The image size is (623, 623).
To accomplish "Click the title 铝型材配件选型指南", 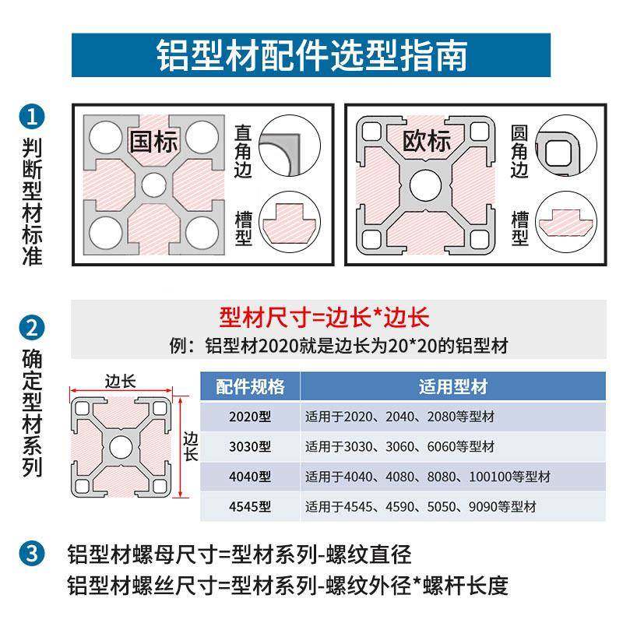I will pyautogui.click(x=311, y=55).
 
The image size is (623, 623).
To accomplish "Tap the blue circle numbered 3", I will pyautogui.click(x=31, y=555).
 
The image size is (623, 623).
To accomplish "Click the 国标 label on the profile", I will pyautogui.click(x=153, y=142).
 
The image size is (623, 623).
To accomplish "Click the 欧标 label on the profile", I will pyautogui.click(x=426, y=142).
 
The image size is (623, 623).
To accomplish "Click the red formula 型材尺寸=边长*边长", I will pyautogui.click(x=324, y=318).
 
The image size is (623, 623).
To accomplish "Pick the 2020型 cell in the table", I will pyautogui.click(x=250, y=417).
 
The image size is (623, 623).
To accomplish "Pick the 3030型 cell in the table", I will pyautogui.click(x=250, y=447).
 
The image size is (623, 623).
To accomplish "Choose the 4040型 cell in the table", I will pyautogui.click(x=250, y=477).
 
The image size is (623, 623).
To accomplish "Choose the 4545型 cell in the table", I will pyautogui.click(x=250, y=507).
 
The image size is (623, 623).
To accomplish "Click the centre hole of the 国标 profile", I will pyautogui.click(x=153, y=185).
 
